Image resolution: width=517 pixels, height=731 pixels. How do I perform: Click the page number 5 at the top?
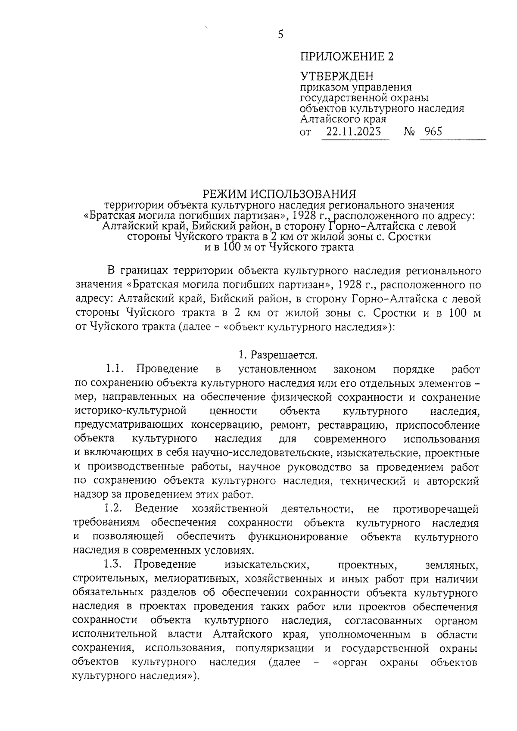tap(280, 34)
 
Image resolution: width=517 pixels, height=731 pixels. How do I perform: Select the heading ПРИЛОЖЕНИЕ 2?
tap(347, 57)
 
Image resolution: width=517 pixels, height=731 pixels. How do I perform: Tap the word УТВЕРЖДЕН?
tap(336, 77)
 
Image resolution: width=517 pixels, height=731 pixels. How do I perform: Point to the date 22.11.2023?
tap(353, 131)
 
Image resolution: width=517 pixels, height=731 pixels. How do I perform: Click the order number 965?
tap(433, 131)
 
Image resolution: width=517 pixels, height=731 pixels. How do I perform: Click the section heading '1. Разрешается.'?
tap(278, 355)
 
